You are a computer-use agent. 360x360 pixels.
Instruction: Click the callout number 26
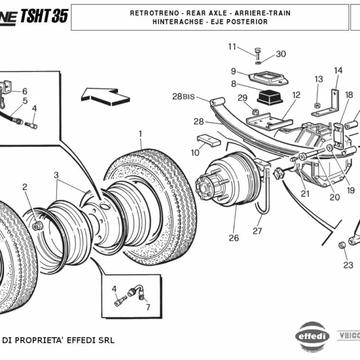click(x=233, y=238)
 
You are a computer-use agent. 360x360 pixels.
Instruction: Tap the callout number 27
click(x=257, y=231)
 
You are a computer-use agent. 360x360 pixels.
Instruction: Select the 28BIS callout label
click(x=184, y=97)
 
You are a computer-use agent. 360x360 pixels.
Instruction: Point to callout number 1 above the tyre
click(x=140, y=133)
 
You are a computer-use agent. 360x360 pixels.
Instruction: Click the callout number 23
click(x=348, y=265)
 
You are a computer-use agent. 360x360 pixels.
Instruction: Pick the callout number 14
click(x=338, y=70)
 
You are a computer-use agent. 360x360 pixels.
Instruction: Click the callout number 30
click(x=281, y=54)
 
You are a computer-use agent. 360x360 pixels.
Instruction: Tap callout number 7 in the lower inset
click(x=148, y=308)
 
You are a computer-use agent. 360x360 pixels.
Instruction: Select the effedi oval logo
click(x=313, y=336)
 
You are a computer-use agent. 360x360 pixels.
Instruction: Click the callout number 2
click(x=25, y=187)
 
